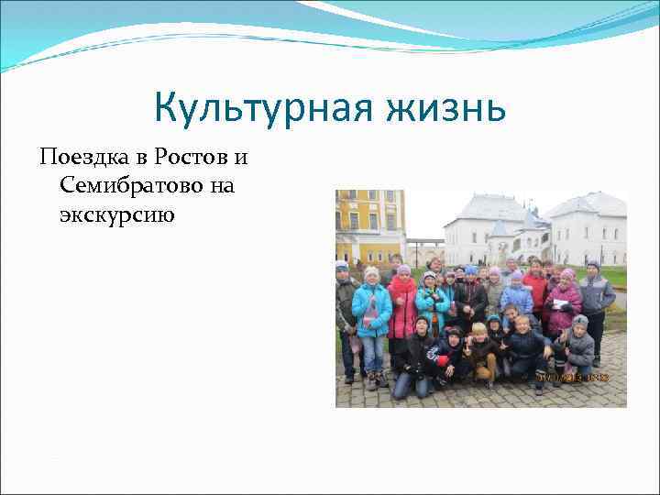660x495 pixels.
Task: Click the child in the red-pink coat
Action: click(402, 308)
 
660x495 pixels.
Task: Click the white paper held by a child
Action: click(559, 303)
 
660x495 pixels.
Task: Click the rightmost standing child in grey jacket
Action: click(595, 299)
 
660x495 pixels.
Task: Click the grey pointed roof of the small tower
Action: click(500, 226)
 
